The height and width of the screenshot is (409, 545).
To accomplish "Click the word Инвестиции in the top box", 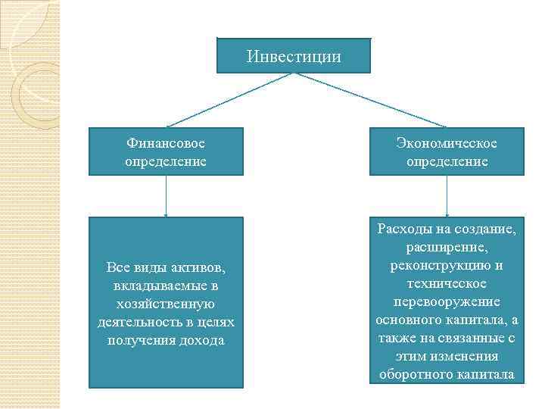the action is tap(294, 56).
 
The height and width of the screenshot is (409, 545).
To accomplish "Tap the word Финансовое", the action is tap(166, 142).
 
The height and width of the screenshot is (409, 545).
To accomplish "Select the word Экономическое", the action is tap(447, 142).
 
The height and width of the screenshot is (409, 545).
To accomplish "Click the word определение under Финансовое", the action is tap(166, 161).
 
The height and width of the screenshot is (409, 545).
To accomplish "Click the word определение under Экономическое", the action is tap(447, 161).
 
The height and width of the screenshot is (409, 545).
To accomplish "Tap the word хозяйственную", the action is tap(166, 304).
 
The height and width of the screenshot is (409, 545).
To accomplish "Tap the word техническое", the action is tap(447, 284).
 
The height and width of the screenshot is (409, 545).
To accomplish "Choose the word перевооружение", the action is tap(447, 302).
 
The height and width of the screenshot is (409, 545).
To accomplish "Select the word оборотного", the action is tap(413, 375).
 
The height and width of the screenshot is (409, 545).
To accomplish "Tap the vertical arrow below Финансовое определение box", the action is tap(166, 196).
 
